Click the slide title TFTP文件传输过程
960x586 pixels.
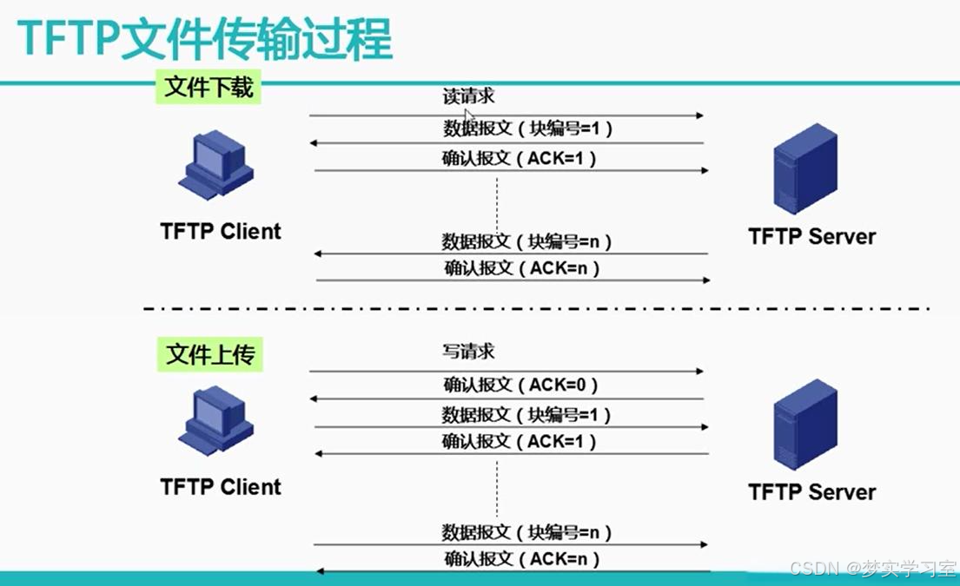[x=204, y=39]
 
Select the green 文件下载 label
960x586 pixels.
[x=209, y=87]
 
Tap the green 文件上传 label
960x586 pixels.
[x=210, y=354]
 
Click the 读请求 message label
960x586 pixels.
[x=468, y=96]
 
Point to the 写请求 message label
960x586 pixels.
[x=468, y=351]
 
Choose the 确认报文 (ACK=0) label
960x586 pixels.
[x=520, y=385]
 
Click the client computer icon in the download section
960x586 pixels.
[x=216, y=165]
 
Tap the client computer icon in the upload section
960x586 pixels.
[x=216, y=420]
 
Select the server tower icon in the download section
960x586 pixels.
[x=805, y=168]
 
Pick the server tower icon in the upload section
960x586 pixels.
[x=805, y=424]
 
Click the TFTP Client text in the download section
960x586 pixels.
[x=221, y=231]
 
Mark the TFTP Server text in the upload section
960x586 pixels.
[x=811, y=491]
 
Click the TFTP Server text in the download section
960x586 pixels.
[x=811, y=236]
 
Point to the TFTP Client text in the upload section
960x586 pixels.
[x=221, y=487]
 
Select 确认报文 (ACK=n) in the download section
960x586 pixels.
[x=521, y=268]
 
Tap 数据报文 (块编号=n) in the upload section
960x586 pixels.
[x=526, y=532]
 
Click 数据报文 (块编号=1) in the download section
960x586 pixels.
[x=527, y=128]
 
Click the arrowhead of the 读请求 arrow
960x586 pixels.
[x=699, y=115]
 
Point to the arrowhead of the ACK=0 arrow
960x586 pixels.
[x=314, y=398]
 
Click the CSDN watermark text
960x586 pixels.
[x=872, y=569]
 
